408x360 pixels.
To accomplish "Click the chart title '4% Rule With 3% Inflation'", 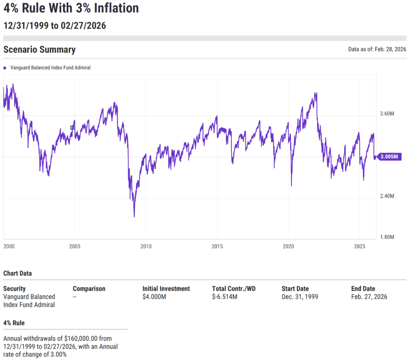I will pyautogui.click(x=71, y=8).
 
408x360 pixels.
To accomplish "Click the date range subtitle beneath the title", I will pyautogui.click(x=55, y=26).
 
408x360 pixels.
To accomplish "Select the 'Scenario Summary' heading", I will pyautogui.click(x=39, y=50).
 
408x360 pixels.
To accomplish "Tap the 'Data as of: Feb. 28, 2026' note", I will pyautogui.click(x=377, y=49).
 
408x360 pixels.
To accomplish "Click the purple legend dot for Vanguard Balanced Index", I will pyautogui.click(x=5, y=68).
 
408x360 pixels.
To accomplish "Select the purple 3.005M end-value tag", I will pyautogui.click(x=389, y=157).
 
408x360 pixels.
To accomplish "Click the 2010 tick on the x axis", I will pyautogui.click(x=146, y=247).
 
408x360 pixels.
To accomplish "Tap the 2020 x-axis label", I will pyautogui.click(x=288, y=247).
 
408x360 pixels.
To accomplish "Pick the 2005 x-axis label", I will pyautogui.click(x=75, y=247).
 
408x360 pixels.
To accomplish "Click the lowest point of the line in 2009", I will pyautogui.click(x=134, y=216).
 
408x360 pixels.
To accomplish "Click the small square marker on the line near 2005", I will pyautogui.click(x=72, y=128).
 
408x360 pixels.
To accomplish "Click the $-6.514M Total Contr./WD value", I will pyautogui.click(x=225, y=297).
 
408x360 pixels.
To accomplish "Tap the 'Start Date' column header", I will pyautogui.click(x=295, y=289).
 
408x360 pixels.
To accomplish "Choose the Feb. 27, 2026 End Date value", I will pyautogui.click(x=369, y=297).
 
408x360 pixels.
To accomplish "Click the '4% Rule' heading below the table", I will pyautogui.click(x=14, y=323).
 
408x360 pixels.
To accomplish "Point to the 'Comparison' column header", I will pyautogui.click(x=89, y=289).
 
